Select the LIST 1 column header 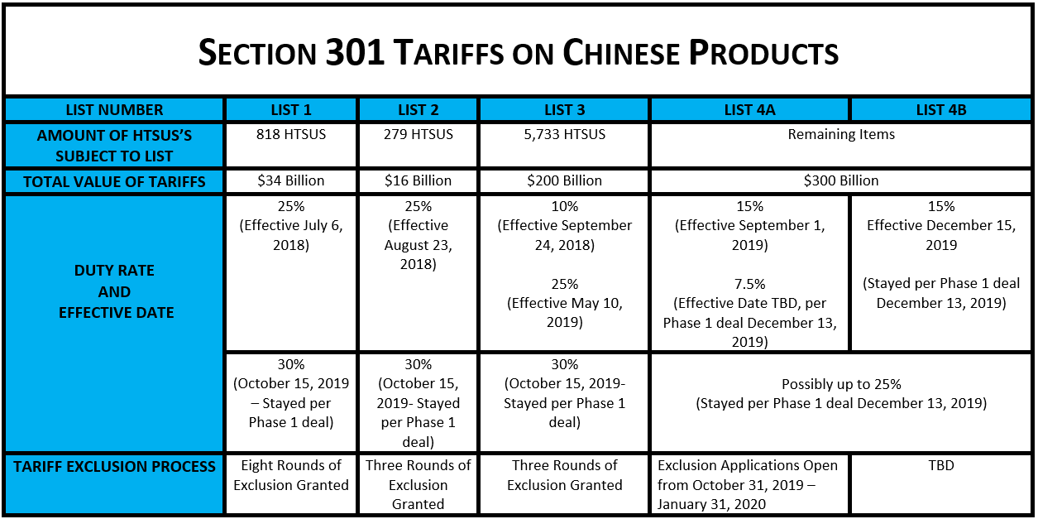[291, 110]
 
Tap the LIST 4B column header [940, 110]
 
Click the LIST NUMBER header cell [114, 110]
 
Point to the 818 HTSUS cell [291, 134]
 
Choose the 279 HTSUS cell [418, 134]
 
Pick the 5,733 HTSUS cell [564, 134]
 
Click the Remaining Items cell [841, 134]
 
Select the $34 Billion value [291, 180]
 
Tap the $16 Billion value [418, 180]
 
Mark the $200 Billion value [564, 180]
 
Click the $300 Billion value [841, 180]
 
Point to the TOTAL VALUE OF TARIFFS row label [114, 181]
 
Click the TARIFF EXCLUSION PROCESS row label [114, 467]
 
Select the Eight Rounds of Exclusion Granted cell [291, 475]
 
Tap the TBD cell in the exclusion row [940, 465]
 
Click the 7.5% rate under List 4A [749, 284]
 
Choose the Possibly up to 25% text [841, 384]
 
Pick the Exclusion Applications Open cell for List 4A [748, 484]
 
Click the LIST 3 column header [564, 110]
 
